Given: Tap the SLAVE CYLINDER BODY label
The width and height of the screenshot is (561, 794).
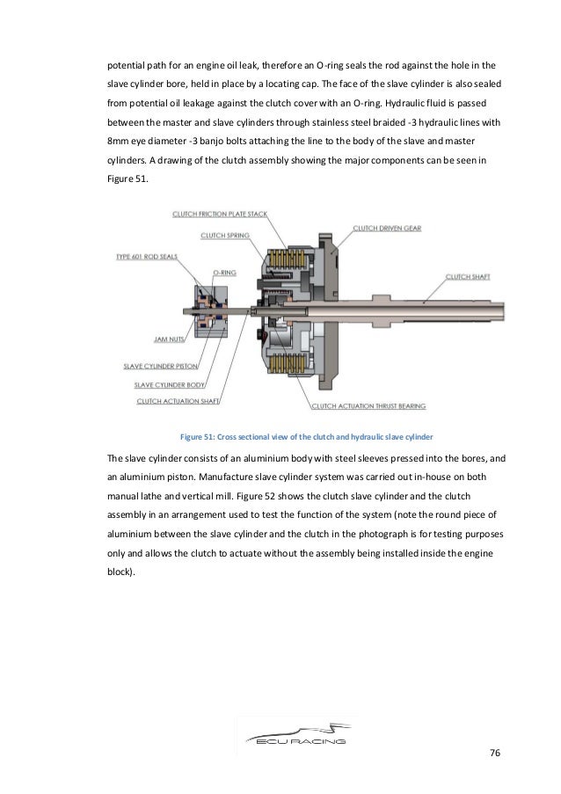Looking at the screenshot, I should [x=168, y=384].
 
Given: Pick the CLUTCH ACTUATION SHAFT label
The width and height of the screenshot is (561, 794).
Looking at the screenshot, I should [x=173, y=401].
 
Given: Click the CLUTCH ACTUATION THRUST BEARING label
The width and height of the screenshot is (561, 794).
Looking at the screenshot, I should [x=370, y=407].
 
